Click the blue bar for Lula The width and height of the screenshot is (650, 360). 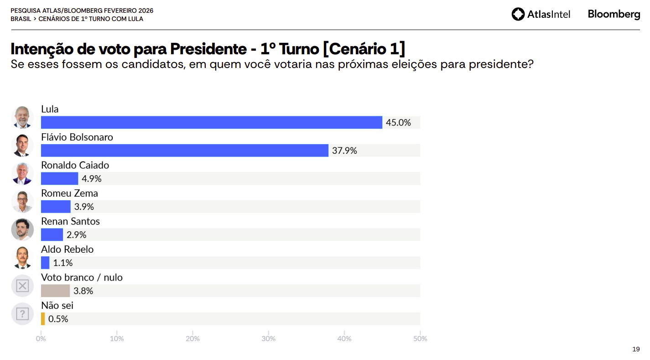pos(211,122)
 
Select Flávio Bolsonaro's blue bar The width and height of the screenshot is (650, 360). pos(184,151)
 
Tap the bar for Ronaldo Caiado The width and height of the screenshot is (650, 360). pos(59,178)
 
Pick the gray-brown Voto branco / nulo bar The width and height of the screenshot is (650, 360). pos(55,291)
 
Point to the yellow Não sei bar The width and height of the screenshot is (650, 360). pos(43,318)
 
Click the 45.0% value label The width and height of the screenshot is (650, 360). pos(398,123)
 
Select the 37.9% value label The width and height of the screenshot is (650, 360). pos(344,151)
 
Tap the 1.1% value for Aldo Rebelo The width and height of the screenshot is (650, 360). pos(63,263)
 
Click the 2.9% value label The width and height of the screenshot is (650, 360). pos(76,235)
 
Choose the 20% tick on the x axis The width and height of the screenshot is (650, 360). pos(192,339)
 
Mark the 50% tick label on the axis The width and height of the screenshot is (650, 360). pos(420,339)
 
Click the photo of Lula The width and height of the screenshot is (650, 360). pos(22,117)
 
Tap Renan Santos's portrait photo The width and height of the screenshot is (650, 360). pos(22,230)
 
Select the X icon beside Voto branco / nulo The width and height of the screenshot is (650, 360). pos(22,286)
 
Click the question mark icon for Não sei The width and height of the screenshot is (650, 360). pos(22,314)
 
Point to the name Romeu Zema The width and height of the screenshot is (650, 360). pos(69,193)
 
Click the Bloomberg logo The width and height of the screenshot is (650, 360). pos(614,14)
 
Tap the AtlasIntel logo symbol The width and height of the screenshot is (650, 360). pos(518,14)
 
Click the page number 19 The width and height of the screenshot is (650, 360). pos(636,349)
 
